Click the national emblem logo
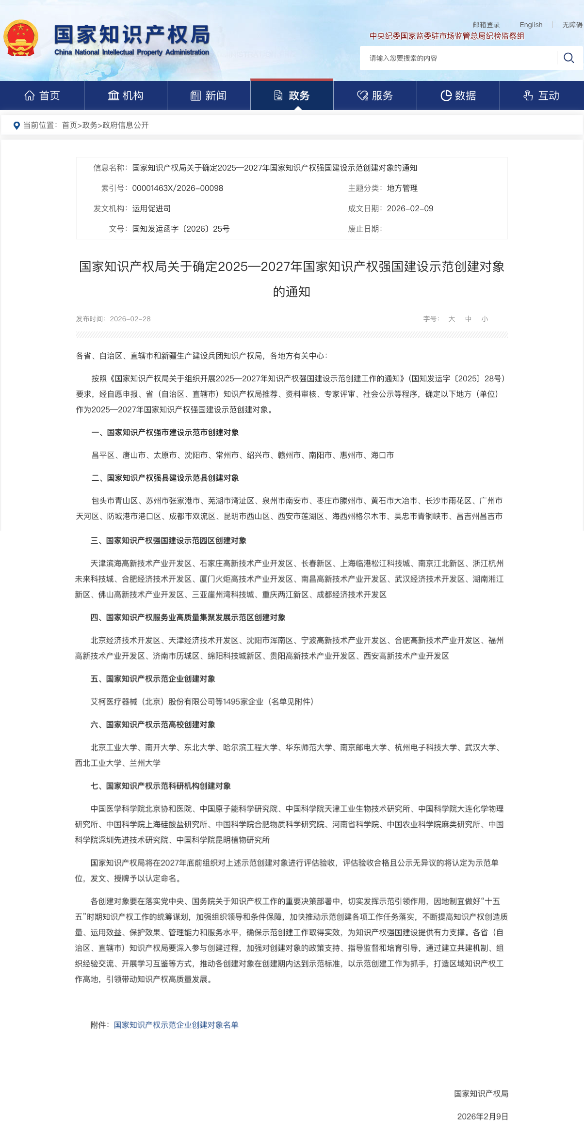(21, 38)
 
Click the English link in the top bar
(531, 25)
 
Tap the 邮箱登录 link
(486, 25)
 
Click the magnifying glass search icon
(569, 58)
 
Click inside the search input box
(456, 58)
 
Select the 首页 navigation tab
(42, 95)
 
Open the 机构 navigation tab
(126, 95)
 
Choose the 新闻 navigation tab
(209, 95)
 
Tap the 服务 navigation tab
(375, 95)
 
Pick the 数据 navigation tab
(458, 95)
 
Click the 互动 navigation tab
(541, 95)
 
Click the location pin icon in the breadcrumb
(16, 126)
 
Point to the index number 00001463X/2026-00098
(178, 188)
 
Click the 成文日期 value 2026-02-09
(410, 208)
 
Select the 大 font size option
(452, 319)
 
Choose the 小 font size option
(485, 319)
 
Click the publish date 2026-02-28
(130, 319)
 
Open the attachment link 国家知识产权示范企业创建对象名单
(176, 1025)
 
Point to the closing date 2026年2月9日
(482, 1116)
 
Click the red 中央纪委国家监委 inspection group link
(447, 36)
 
